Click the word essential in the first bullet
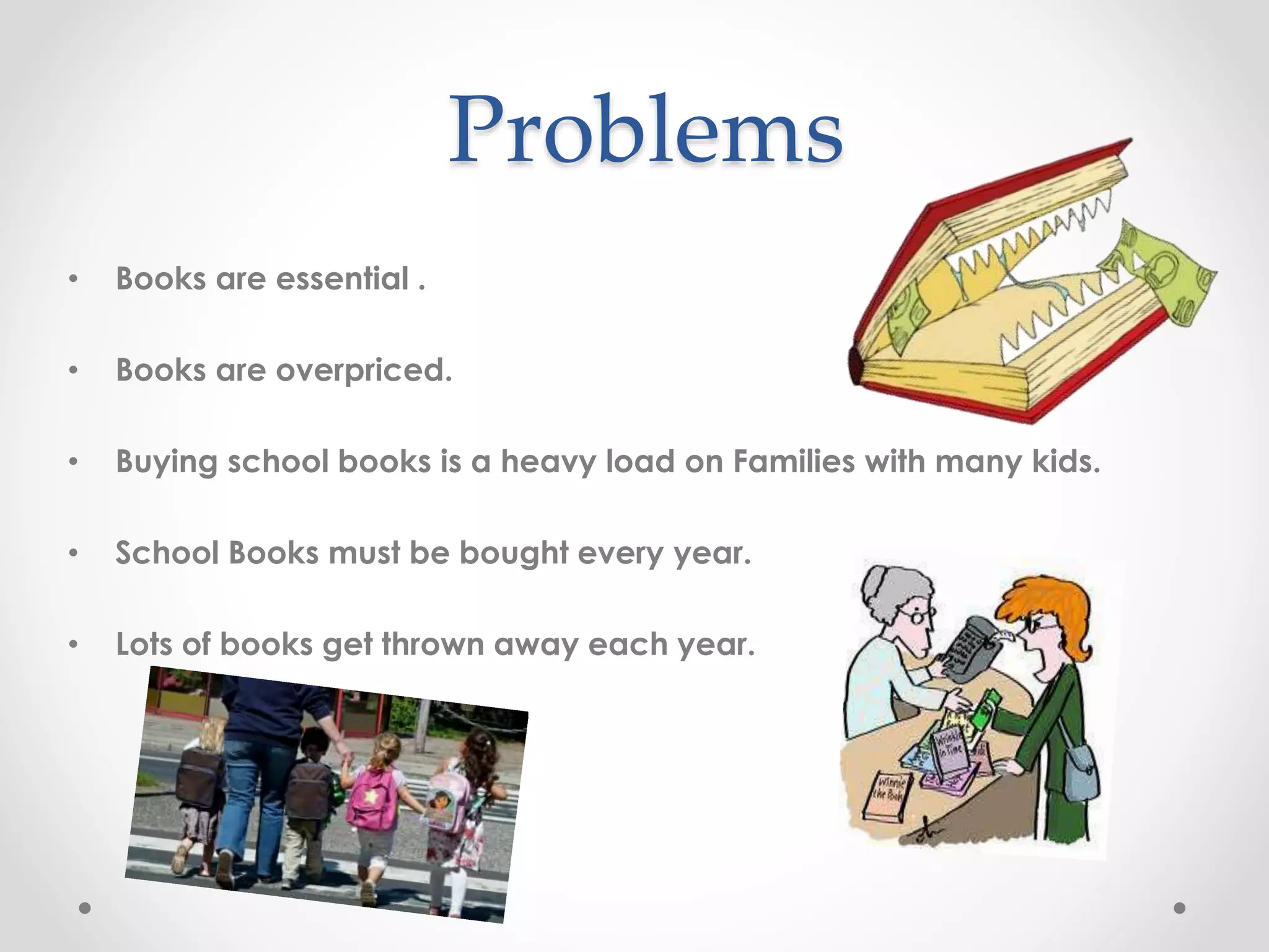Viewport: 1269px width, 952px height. [x=342, y=278]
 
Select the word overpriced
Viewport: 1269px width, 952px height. [x=364, y=371]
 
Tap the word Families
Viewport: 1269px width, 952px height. [x=794, y=461]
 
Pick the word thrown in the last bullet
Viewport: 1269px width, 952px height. [x=433, y=644]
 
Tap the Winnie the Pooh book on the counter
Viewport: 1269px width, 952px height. [x=887, y=796]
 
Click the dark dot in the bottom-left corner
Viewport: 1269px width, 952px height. [x=85, y=908]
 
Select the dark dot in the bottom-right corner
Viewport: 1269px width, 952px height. [x=1180, y=908]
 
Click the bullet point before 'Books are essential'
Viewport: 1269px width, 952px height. [x=74, y=280]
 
